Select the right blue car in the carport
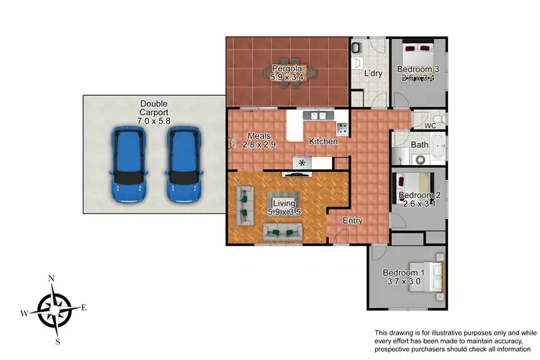pyautogui.click(x=184, y=165)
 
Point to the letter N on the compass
pyautogui.click(x=51, y=279)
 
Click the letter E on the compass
pyautogui.click(x=84, y=308)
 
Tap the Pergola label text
pyautogui.click(x=287, y=69)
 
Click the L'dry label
pyautogui.click(x=372, y=73)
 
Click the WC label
pyautogui.click(x=431, y=126)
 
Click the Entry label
pyautogui.click(x=352, y=221)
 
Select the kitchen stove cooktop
pyautogui.click(x=343, y=130)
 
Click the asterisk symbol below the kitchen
pyautogui.click(x=302, y=163)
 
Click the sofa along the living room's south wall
pyautogui.click(x=282, y=231)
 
